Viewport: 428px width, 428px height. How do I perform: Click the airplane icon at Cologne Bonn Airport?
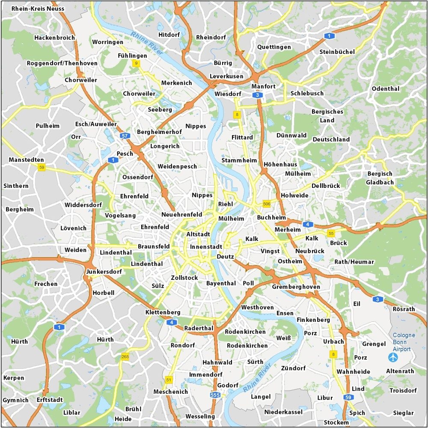393,357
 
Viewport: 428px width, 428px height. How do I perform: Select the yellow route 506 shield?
267,204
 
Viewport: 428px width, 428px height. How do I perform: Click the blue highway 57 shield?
125,136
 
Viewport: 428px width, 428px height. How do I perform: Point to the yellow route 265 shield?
125,357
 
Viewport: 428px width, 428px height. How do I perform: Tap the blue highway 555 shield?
216,395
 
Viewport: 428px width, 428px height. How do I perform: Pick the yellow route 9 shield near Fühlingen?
136,64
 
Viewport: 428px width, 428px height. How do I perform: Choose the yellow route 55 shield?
331,233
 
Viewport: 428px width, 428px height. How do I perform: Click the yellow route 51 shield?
168,380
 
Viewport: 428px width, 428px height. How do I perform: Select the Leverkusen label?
226,76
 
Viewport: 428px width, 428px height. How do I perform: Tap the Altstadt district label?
198,234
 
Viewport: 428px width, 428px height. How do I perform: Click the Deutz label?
226,257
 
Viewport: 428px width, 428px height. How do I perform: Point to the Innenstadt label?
206,247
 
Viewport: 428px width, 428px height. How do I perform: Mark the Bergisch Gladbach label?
379,178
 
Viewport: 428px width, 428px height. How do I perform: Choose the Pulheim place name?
48,126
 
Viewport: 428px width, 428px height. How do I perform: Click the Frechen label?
46,284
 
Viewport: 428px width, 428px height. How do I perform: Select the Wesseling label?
200,416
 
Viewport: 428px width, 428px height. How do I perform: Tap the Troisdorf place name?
403,390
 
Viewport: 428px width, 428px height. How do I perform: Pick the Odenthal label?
386,89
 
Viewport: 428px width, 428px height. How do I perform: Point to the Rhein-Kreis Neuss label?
38,9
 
